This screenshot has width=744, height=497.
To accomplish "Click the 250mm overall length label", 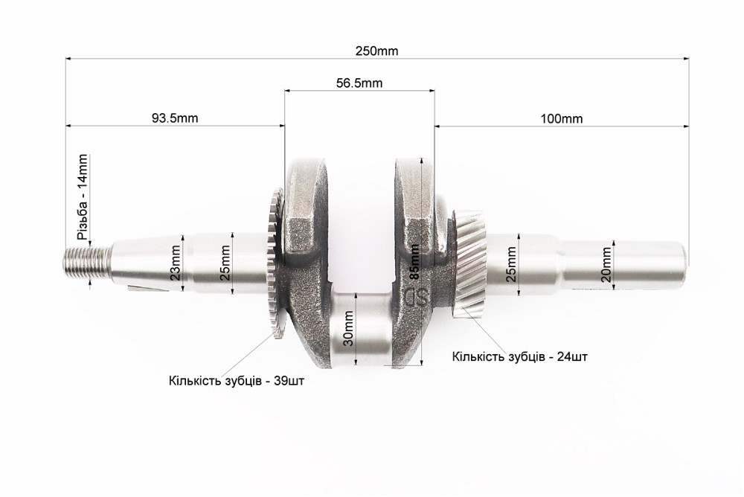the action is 376,51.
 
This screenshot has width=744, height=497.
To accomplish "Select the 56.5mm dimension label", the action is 359,83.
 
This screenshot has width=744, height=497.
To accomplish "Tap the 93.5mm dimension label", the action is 175,118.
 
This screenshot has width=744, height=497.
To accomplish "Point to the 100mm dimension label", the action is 562,118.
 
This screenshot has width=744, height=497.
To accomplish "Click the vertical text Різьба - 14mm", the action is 82,197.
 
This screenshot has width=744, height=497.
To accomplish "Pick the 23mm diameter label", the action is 176,263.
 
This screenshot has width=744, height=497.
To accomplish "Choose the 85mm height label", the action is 414,262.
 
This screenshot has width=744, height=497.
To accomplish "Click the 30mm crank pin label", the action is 348,329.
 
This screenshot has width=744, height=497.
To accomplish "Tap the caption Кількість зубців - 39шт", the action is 237,381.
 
